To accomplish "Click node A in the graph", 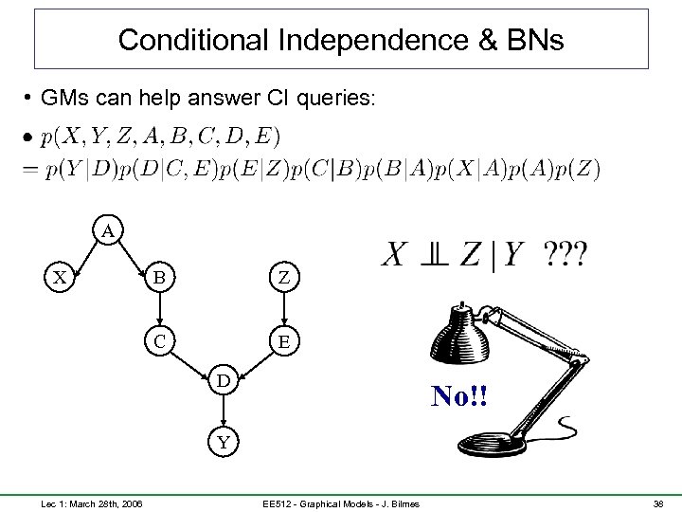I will click(109, 230).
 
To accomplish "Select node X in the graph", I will click(60, 279).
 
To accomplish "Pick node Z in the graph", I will click(283, 279).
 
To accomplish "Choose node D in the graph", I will click(222, 380).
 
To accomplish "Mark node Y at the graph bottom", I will click(222, 441).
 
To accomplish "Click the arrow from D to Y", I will click(222, 411).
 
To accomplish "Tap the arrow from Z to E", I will click(283, 309).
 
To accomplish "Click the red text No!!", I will click(460, 395).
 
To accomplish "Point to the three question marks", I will click(566, 254).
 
